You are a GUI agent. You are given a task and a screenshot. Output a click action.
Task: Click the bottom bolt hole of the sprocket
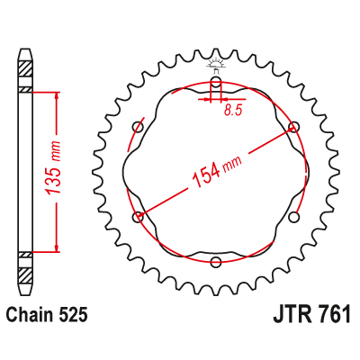tap(216, 262)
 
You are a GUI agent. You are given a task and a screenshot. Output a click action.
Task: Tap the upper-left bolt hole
tap(138, 126)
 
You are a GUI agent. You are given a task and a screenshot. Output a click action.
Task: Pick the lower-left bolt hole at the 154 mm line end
tap(138, 217)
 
